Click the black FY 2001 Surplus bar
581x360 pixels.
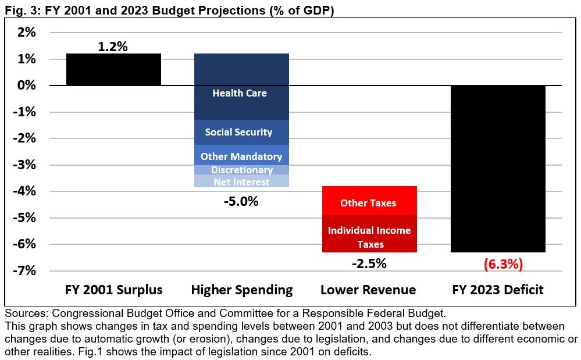coord(113,69)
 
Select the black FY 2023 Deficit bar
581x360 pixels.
coord(498,169)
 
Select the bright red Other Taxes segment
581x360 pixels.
coord(368,201)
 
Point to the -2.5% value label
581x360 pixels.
coord(369,263)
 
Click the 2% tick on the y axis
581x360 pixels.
coord(26,33)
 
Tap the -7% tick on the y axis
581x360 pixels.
coord(24,271)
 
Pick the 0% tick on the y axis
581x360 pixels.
coord(26,85)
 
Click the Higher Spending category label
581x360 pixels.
coord(242,290)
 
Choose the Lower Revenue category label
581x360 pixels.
coord(369,290)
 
